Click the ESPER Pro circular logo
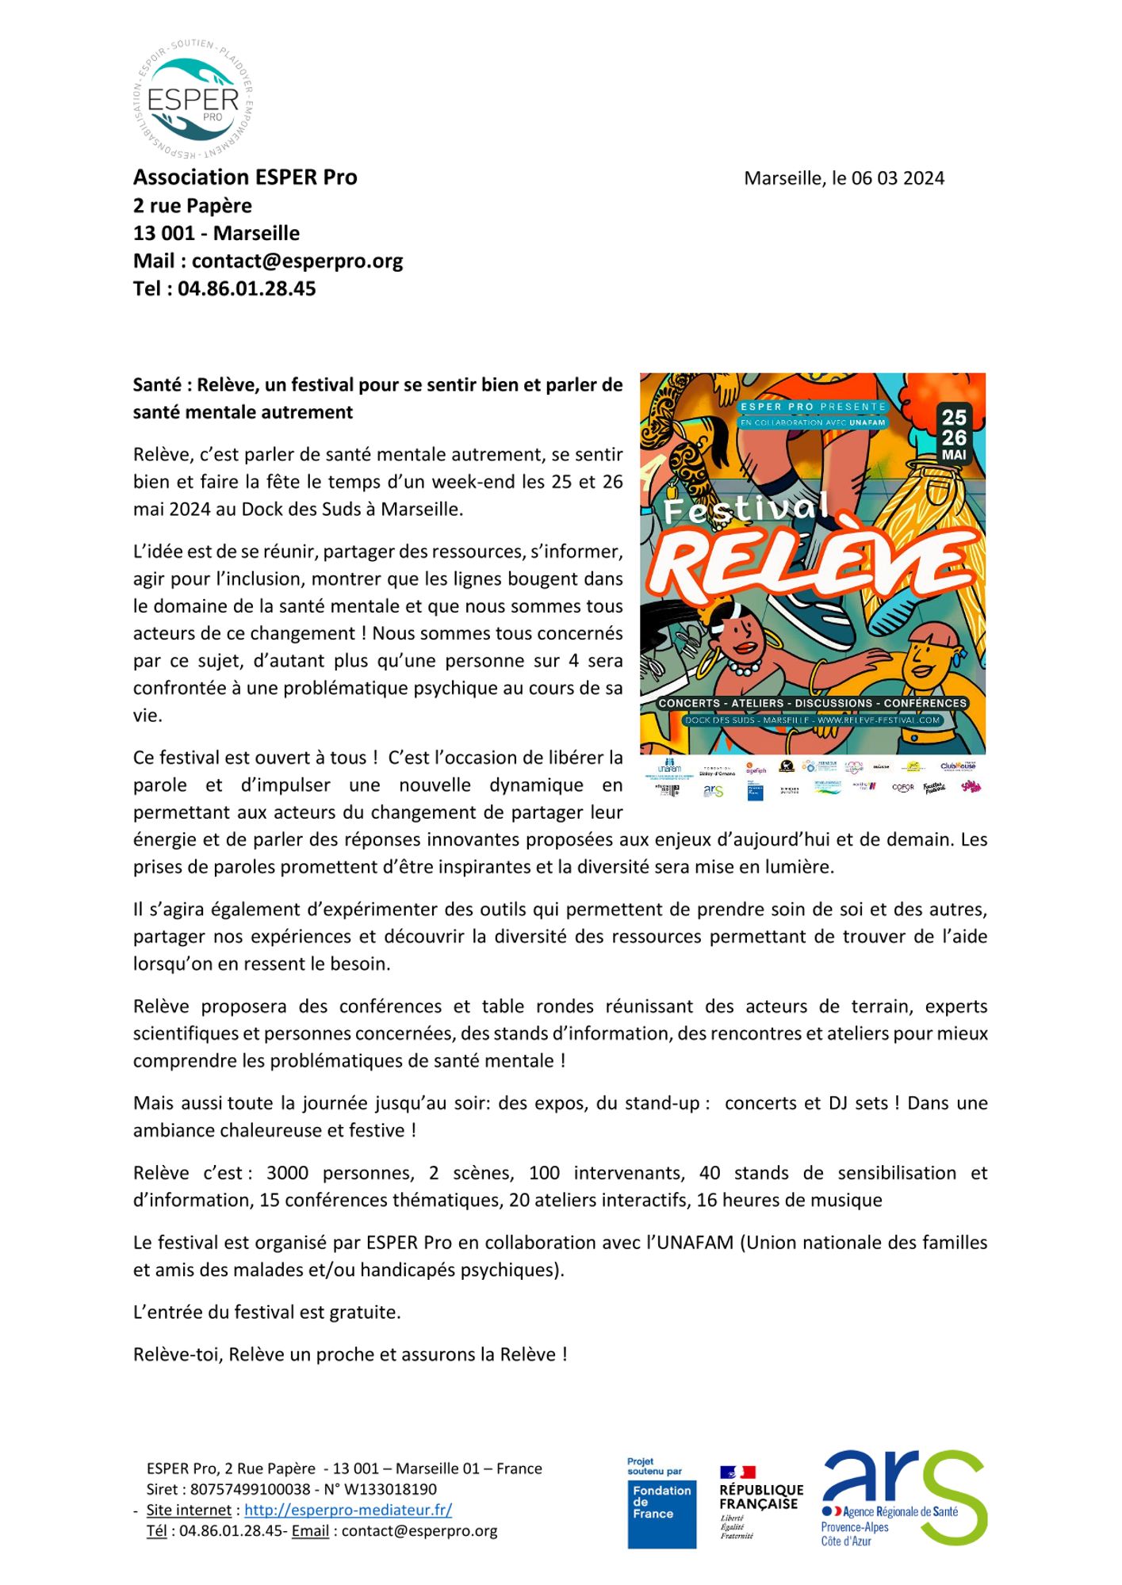pos(193,98)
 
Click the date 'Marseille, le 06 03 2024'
pos(844,178)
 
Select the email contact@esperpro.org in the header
pos(297,261)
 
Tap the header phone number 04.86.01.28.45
pos(247,288)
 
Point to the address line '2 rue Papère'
pos(193,205)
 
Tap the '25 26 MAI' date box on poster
pos(954,434)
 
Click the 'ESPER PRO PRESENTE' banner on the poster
pos(812,407)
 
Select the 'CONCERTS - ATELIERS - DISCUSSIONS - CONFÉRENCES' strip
pos(812,703)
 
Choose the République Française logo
pos(760,1502)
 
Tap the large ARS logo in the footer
pos(905,1497)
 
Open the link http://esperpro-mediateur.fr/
pos(348,1511)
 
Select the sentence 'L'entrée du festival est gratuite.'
pos(267,1312)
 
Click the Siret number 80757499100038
pos(251,1490)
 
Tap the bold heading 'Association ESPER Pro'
pos(245,177)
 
